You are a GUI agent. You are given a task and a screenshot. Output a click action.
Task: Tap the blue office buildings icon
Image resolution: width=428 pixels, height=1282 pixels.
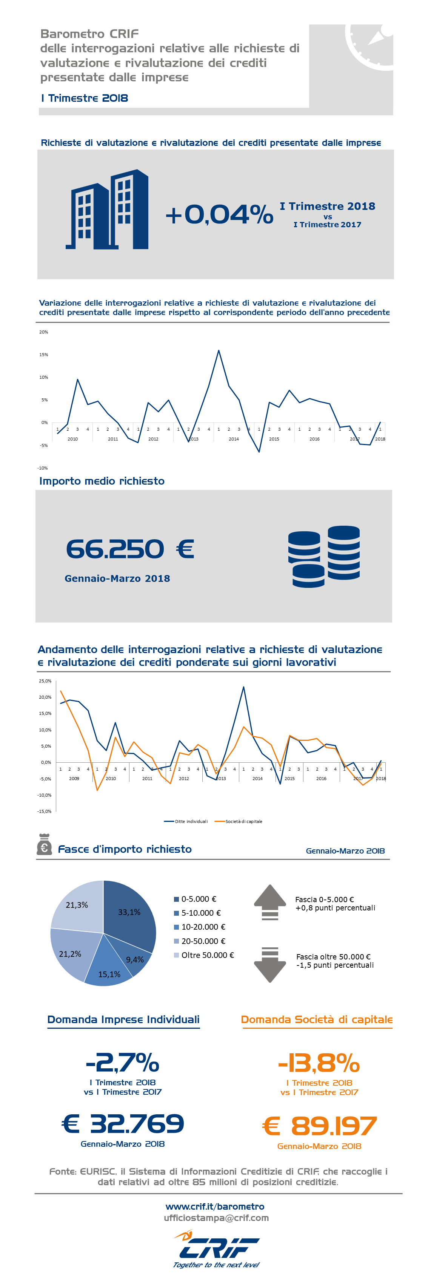point(107,209)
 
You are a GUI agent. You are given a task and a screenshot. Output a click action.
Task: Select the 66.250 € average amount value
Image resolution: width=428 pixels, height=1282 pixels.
point(130,549)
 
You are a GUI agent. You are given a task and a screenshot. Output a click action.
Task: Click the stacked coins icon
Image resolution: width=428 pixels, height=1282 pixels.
point(324,556)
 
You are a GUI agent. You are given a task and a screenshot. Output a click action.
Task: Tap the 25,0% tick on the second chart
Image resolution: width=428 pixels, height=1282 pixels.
point(45,681)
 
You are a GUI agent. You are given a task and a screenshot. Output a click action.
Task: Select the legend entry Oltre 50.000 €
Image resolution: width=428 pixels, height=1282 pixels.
point(204,955)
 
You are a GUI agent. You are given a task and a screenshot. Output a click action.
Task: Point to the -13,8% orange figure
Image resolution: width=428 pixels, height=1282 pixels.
point(319,1063)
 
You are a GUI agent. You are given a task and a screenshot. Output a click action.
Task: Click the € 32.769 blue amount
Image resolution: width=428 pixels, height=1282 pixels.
point(123,1124)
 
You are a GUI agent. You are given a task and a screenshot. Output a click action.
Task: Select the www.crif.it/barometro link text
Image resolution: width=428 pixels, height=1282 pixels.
point(215,1206)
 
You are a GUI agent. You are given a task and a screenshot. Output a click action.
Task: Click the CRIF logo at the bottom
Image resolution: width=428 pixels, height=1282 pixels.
point(217,1249)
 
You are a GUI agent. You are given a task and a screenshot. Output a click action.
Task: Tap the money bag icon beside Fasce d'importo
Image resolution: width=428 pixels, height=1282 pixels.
point(44,844)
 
